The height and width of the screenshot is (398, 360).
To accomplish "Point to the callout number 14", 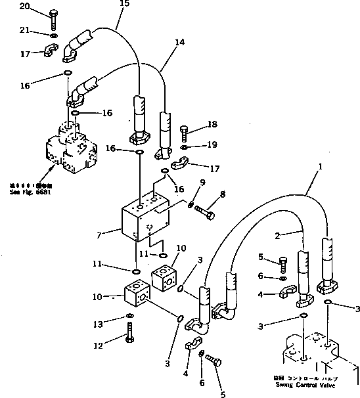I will pos(161,41).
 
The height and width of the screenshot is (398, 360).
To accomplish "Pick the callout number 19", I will pos(212,144).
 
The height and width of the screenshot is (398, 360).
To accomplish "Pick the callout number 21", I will pos(25,32).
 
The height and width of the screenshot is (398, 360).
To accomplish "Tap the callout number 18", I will pos(212,123).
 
